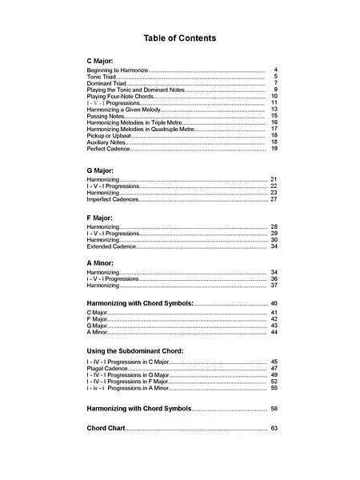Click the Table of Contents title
(x=179, y=38)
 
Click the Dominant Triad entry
(x=104, y=83)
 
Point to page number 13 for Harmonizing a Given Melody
(x=274, y=109)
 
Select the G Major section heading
(x=100, y=170)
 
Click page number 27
(x=274, y=199)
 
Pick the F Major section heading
(x=100, y=218)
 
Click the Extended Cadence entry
(x=110, y=246)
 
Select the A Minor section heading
(x=100, y=262)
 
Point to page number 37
(x=274, y=285)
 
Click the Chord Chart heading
(x=106, y=429)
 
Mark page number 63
(x=274, y=429)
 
